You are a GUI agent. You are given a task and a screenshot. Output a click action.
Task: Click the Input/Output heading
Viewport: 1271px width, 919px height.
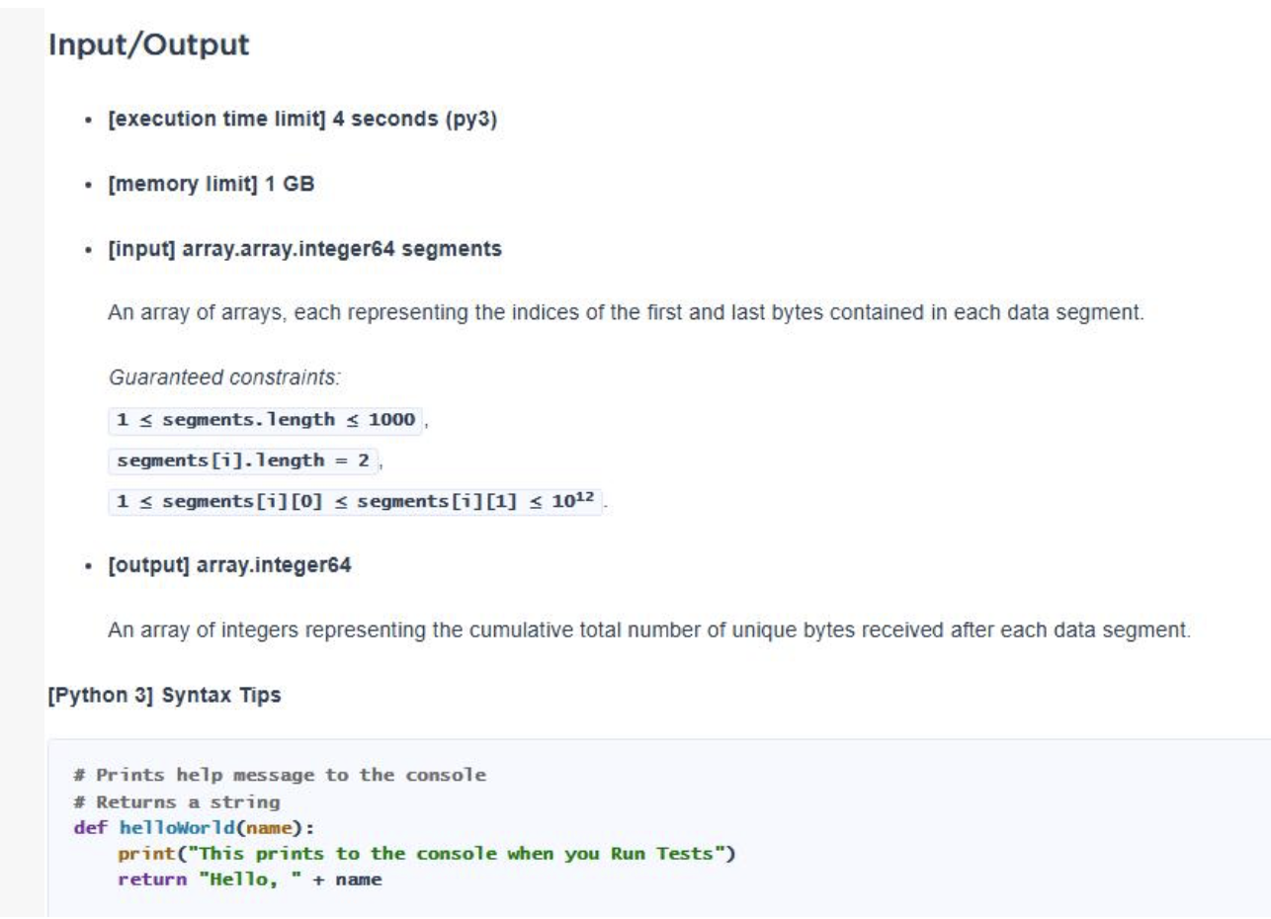pos(148,44)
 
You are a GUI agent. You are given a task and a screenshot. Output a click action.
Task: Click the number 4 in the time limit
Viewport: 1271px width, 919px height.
pos(338,119)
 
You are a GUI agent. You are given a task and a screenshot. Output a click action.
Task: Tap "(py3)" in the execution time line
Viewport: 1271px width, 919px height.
pos(471,120)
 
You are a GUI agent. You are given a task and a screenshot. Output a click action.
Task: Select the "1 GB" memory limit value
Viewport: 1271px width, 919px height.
pos(290,184)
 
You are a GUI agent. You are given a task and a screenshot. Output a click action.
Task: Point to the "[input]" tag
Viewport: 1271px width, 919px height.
pos(141,249)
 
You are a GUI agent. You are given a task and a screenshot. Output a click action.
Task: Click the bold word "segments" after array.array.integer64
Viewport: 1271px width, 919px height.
pos(452,249)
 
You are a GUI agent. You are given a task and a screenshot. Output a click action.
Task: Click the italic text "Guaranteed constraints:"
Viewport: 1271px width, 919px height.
pos(224,377)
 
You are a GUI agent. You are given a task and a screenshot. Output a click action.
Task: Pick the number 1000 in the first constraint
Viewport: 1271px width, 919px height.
pos(391,420)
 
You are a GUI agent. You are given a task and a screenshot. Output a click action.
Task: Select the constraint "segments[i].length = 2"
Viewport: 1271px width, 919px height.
pos(243,460)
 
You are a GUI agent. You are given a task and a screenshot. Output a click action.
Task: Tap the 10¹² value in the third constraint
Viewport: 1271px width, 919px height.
pos(572,500)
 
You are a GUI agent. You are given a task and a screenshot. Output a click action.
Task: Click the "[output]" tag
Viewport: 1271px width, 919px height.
pos(148,565)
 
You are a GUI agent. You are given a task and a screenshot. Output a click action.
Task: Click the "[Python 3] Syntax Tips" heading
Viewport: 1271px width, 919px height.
pos(164,695)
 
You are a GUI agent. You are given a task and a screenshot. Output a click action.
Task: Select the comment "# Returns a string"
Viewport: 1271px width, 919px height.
pos(177,802)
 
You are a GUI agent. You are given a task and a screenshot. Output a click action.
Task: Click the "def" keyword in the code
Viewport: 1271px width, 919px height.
pos(90,828)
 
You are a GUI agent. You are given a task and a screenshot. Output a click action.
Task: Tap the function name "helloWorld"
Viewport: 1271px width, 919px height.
pos(177,828)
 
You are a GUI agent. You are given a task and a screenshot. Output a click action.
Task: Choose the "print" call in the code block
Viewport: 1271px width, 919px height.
pos(146,854)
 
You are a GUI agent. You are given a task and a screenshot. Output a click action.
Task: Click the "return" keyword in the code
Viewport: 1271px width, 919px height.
pos(152,879)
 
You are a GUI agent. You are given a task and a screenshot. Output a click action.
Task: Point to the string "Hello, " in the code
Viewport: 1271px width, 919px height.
pos(250,879)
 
